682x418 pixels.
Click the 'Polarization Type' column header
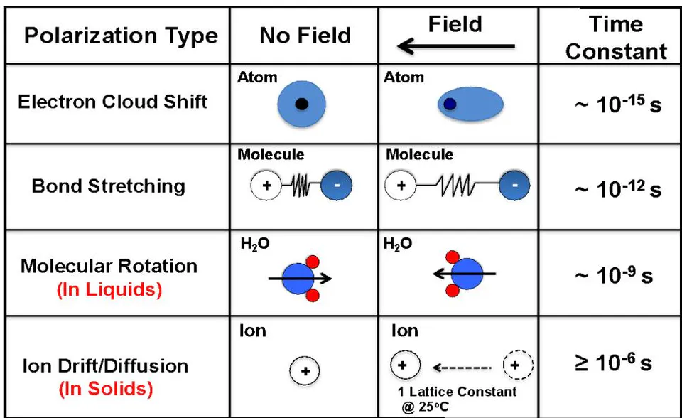point(121,36)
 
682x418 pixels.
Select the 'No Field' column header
point(305,36)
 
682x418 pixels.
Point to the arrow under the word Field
point(456,45)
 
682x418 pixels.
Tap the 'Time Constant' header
point(616,38)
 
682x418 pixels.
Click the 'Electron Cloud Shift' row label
point(113,102)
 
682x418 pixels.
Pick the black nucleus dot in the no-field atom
point(301,104)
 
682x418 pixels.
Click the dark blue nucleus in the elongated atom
point(449,104)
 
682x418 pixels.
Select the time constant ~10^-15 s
point(618,104)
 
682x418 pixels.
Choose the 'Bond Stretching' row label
point(109,186)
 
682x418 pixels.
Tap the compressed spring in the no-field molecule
point(301,186)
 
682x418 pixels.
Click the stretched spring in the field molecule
point(456,186)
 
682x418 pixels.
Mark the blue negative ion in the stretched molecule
point(514,186)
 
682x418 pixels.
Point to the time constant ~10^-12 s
point(618,189)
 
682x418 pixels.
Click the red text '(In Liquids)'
point(109,289)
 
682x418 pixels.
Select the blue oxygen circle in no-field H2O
point(298,279)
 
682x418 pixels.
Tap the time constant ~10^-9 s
point(614,276)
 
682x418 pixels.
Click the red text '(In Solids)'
point(106,389)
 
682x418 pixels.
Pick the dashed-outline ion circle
point(518,365)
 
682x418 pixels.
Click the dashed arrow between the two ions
point(462,368)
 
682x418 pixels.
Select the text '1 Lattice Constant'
point(457,392)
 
